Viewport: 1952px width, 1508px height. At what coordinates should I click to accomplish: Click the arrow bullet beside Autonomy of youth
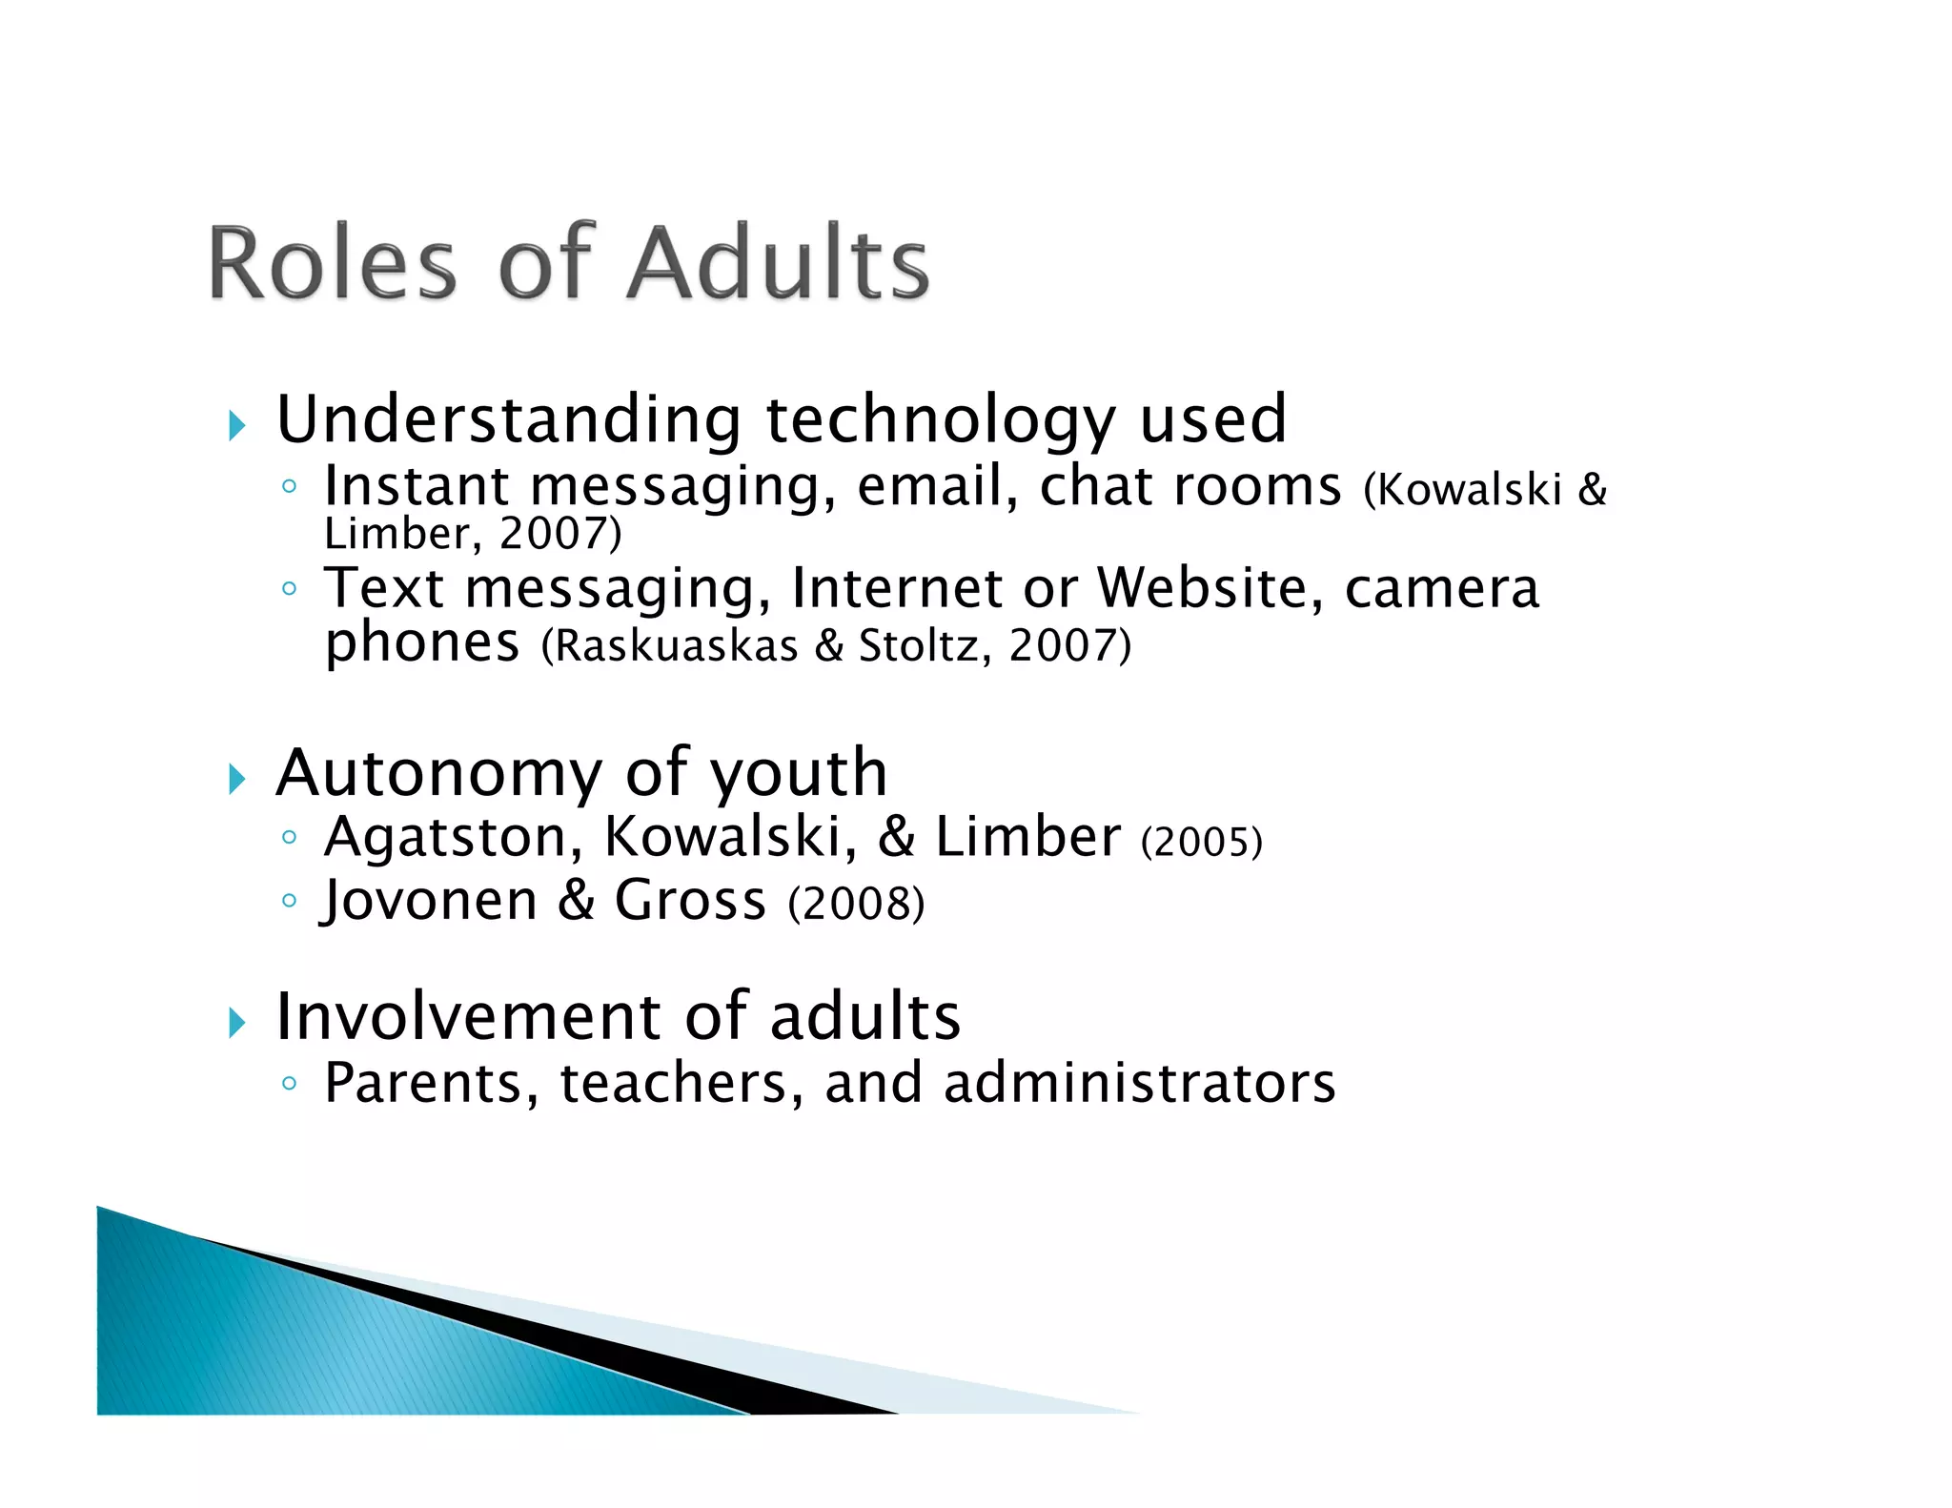[x=237, y=779]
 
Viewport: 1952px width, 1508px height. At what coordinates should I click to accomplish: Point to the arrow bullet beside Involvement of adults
[x=237, y=1023]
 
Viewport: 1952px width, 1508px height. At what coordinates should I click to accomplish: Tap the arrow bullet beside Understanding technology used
[x=237, y=425]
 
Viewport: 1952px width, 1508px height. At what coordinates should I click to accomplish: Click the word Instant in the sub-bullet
[x=417, y=486]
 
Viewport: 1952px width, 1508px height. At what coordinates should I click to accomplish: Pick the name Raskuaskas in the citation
[x=676, y=646]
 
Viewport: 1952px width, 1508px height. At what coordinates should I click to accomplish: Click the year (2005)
[x=1201, y=842]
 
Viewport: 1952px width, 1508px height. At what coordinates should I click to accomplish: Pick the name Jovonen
[x=430, y=901]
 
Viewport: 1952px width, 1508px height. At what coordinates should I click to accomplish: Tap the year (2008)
[x=856, y=904]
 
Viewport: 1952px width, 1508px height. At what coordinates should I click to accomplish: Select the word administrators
[x=1140, y=1084]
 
